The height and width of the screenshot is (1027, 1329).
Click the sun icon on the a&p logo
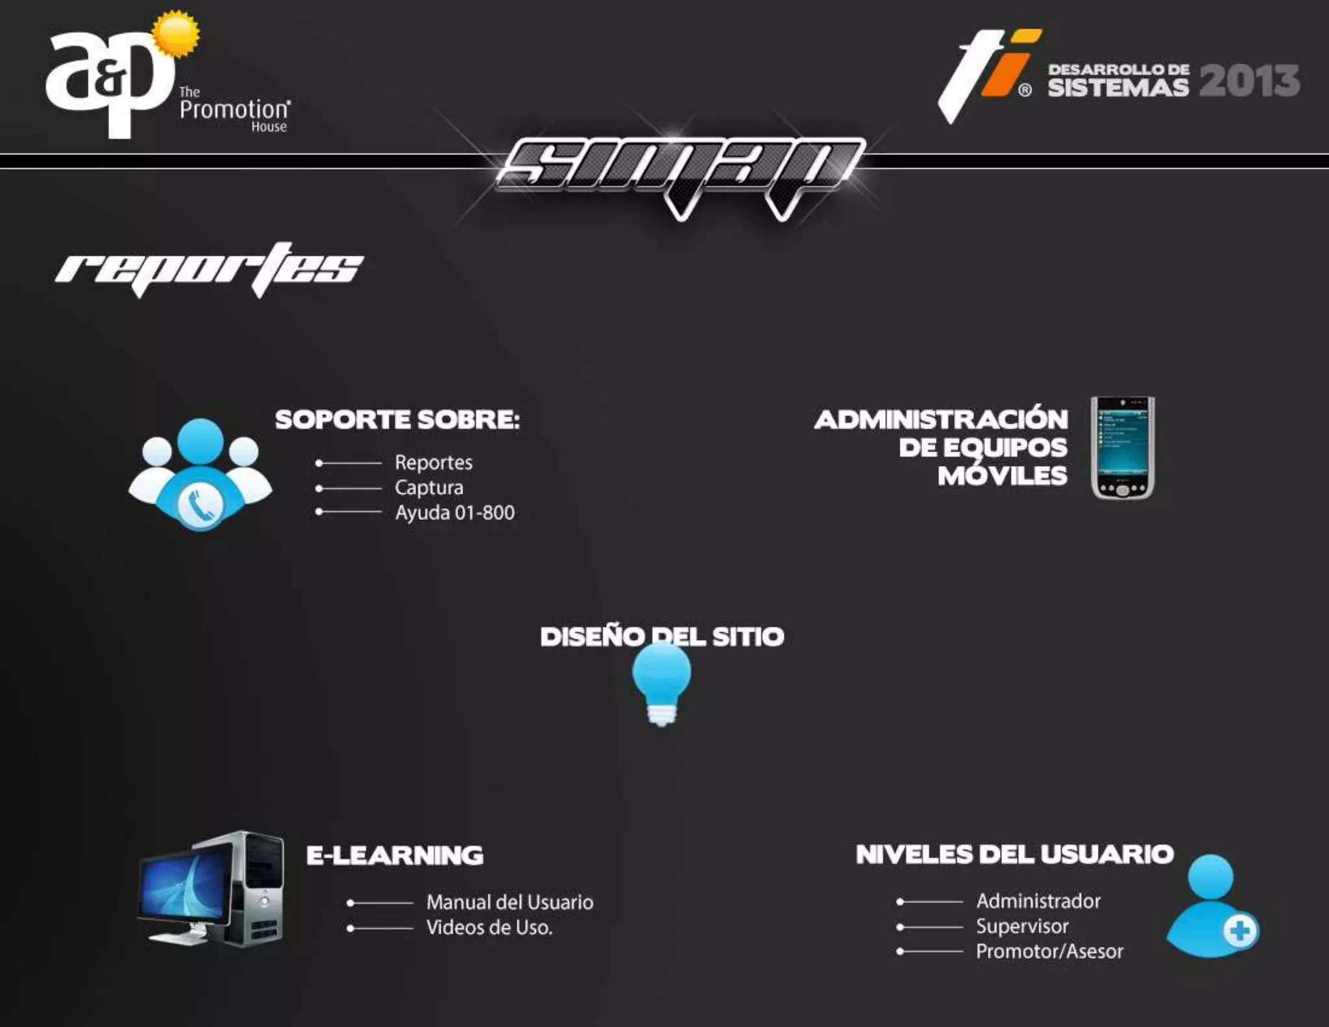click(176, 34)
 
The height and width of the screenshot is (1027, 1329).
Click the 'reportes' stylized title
click(210, 268)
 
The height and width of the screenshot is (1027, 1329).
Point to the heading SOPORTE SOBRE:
click(397, 419)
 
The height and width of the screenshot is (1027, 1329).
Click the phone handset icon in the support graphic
click(200, 504)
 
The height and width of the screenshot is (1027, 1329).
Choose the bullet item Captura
click(429, 488)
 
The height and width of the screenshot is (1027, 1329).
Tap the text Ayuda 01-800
click(454, 513)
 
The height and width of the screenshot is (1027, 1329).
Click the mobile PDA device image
click(1123, 447)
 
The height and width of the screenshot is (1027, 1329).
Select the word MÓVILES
click(1002, 476)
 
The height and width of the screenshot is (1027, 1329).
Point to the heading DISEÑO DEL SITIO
click(662, 637)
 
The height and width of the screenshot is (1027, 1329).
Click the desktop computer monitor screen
click(184, 888)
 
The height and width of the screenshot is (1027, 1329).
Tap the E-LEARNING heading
click(395, 855)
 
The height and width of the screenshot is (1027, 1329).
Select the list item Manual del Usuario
click(509, 902)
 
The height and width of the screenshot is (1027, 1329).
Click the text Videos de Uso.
click(489, 928)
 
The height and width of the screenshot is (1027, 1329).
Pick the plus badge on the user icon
click(1239, 932)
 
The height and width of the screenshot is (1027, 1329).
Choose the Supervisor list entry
click(1022, 926)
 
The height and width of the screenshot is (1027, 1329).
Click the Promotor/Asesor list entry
click(1049, 952)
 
